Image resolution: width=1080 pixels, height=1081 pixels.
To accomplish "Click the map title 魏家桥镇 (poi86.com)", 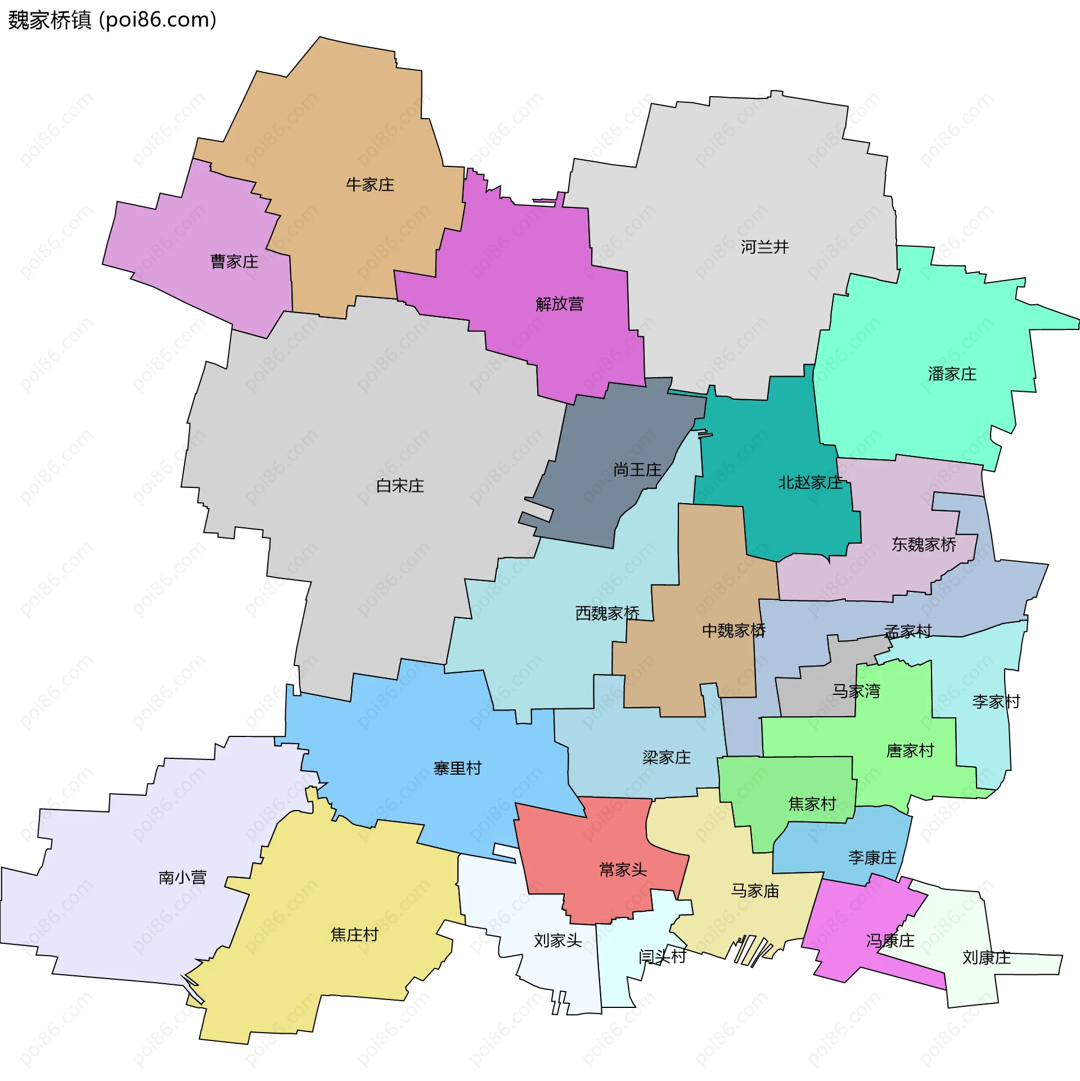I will click(x=112, y=20).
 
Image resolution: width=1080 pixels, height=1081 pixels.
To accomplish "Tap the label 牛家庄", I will click(x=370, y=184).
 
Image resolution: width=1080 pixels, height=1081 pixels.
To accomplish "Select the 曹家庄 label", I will click(x=234, y=261).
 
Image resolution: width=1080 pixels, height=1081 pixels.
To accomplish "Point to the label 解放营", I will click(x=559, y=304).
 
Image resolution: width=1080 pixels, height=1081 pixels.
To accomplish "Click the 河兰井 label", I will click(x=764, y=247).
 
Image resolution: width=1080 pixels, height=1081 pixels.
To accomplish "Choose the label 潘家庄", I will click(x=952, y=374).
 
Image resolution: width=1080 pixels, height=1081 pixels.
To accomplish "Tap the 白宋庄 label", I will click(x=399, y=486).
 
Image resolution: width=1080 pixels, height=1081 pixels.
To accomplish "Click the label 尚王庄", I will click(x=637, y=469).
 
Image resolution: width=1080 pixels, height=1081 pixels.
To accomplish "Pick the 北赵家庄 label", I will click(x=810, y=482).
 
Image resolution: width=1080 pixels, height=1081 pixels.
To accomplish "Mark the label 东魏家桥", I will click(x=924, y=544).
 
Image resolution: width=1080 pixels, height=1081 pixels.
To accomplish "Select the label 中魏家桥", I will click(x=733, y=630).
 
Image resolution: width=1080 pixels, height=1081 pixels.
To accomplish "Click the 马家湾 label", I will click(x=856, y=691).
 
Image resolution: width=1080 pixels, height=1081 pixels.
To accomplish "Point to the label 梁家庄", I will click(x=666, y=757).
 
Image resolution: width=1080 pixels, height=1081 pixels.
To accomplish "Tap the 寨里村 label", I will click(x=457, y=768).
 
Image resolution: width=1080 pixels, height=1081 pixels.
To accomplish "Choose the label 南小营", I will click(x=182, y=878).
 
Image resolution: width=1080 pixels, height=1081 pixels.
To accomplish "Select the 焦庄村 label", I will click(x=354, y=934).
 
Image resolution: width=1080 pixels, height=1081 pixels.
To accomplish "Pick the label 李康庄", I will click(x=872, y=857).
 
